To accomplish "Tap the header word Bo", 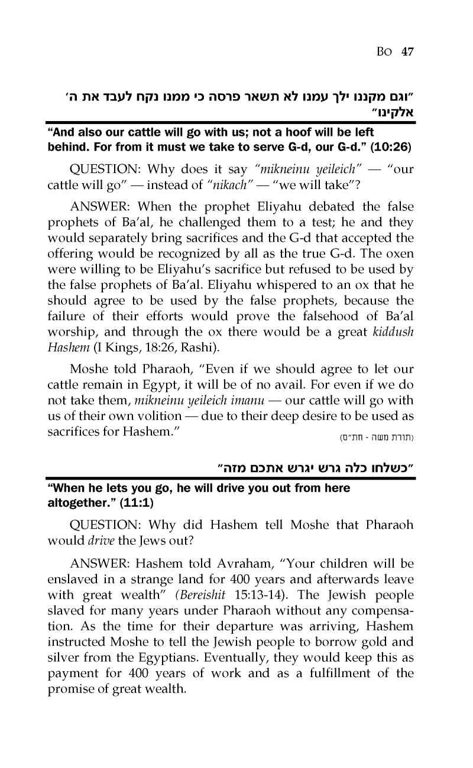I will (x=387, y=51).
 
